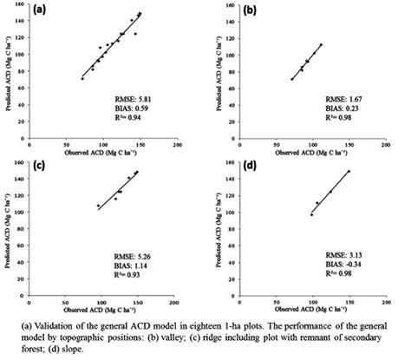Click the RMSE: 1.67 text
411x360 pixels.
[343, 102]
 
